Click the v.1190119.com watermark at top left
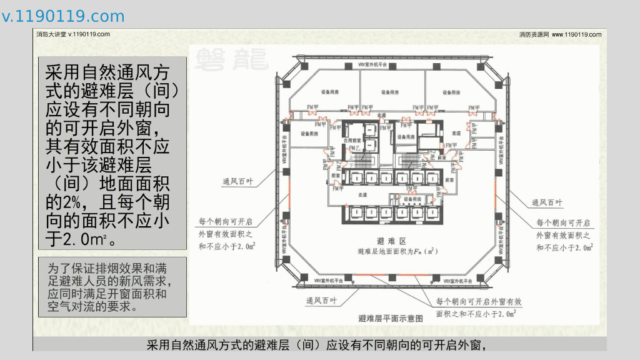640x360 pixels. point(63,16)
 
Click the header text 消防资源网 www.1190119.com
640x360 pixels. point(560,34)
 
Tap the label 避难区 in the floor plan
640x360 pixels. point(392,241)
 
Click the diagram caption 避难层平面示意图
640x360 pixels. point(391,318)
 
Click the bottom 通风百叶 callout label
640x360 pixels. point(321,301)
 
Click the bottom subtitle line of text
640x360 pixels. point(316,344)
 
